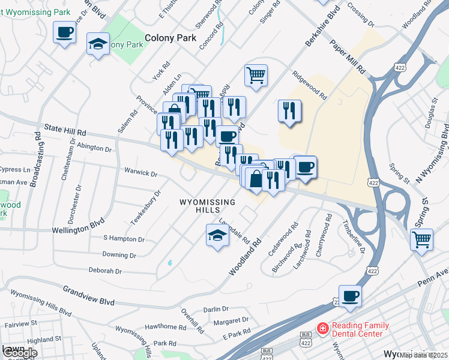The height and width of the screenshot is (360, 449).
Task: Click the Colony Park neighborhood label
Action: (x=170, y=37)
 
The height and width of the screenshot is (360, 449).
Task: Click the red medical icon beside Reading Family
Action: (x=322, y=329)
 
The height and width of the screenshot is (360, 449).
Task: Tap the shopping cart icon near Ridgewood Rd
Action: (x=256, y=76)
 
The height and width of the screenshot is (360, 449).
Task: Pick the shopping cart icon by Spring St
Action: (x=421, y=239)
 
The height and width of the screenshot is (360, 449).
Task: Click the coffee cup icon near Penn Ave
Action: (x=350, y=296)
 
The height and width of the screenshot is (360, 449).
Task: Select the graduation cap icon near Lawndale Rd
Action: (x=217, y=235)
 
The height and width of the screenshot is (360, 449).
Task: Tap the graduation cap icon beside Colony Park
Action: (x=98, y=44)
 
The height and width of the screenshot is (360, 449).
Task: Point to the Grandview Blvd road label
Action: (x=89, y=295)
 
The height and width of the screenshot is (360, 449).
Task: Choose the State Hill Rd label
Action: (x=65, y=131)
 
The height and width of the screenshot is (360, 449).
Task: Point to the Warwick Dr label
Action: (x=140, y=173)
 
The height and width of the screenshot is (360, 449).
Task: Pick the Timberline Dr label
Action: (x=353, y=238)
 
